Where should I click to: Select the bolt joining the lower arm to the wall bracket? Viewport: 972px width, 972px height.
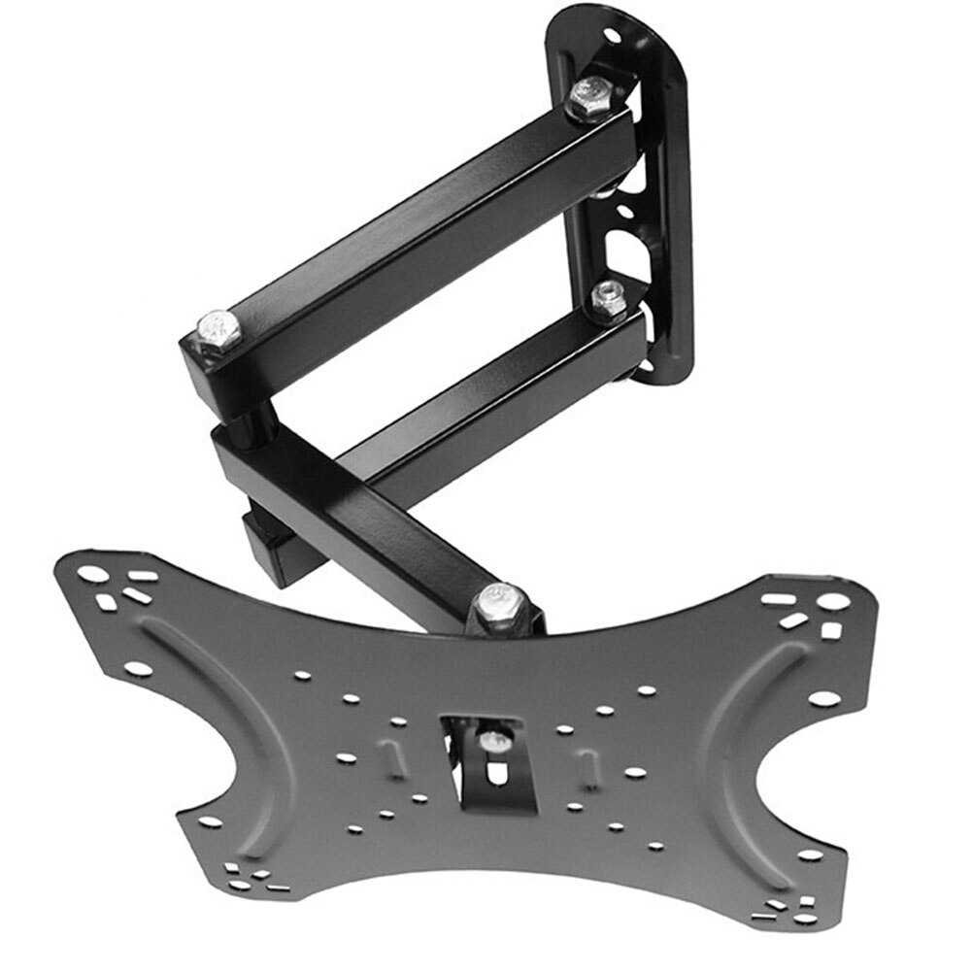tap(609, 299)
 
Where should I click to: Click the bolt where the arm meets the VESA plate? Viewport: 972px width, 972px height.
tap(501, 606)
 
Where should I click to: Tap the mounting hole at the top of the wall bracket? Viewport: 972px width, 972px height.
tap(612, 36)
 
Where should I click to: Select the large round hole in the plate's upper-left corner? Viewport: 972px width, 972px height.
tap(93, 574)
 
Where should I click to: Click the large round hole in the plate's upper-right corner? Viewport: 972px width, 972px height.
tap(833, 601)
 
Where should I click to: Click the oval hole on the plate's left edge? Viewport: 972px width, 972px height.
tap(139, 669)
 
